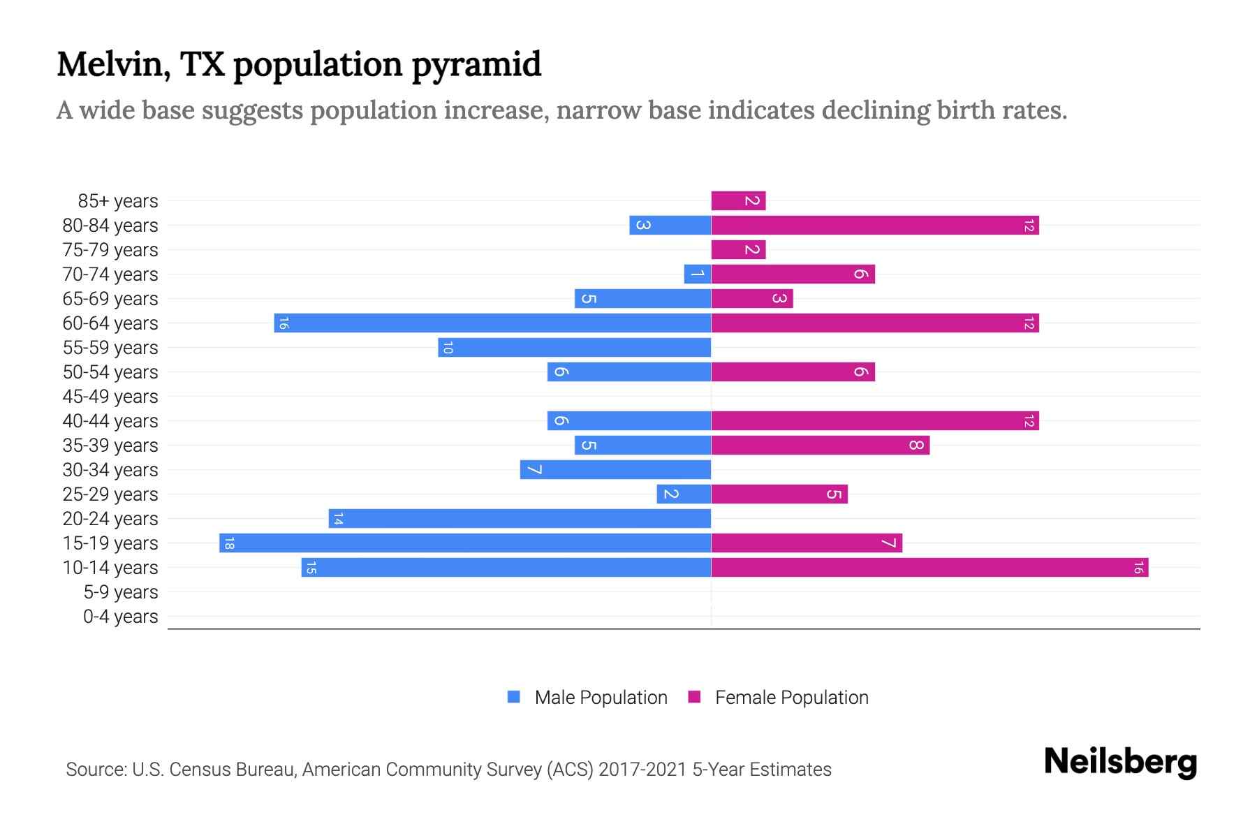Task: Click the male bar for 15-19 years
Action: tap(465, 543)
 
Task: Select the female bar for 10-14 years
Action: tap(929, 568)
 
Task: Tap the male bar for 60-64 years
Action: tap(492, 323)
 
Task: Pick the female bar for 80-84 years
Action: tap(875, 226)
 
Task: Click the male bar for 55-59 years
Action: tap(574, 348)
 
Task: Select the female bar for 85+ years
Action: tap(738, 201)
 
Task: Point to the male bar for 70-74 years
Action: tap(698, 274)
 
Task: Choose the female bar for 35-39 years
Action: tap(821, 446)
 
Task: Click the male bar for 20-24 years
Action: tap(520, 519)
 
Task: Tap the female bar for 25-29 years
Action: tap(779, 494)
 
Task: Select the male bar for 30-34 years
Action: tap(615, 470)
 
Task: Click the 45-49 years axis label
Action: tap(110, 397)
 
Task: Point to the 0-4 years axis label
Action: tap(120, 617)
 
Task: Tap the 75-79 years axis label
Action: tap(110, 250)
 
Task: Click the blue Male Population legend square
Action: tap(514, 697)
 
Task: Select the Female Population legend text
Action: tap(791, 698)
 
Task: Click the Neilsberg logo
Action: tap(1120, 762)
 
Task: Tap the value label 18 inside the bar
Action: tap(229, 543)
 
